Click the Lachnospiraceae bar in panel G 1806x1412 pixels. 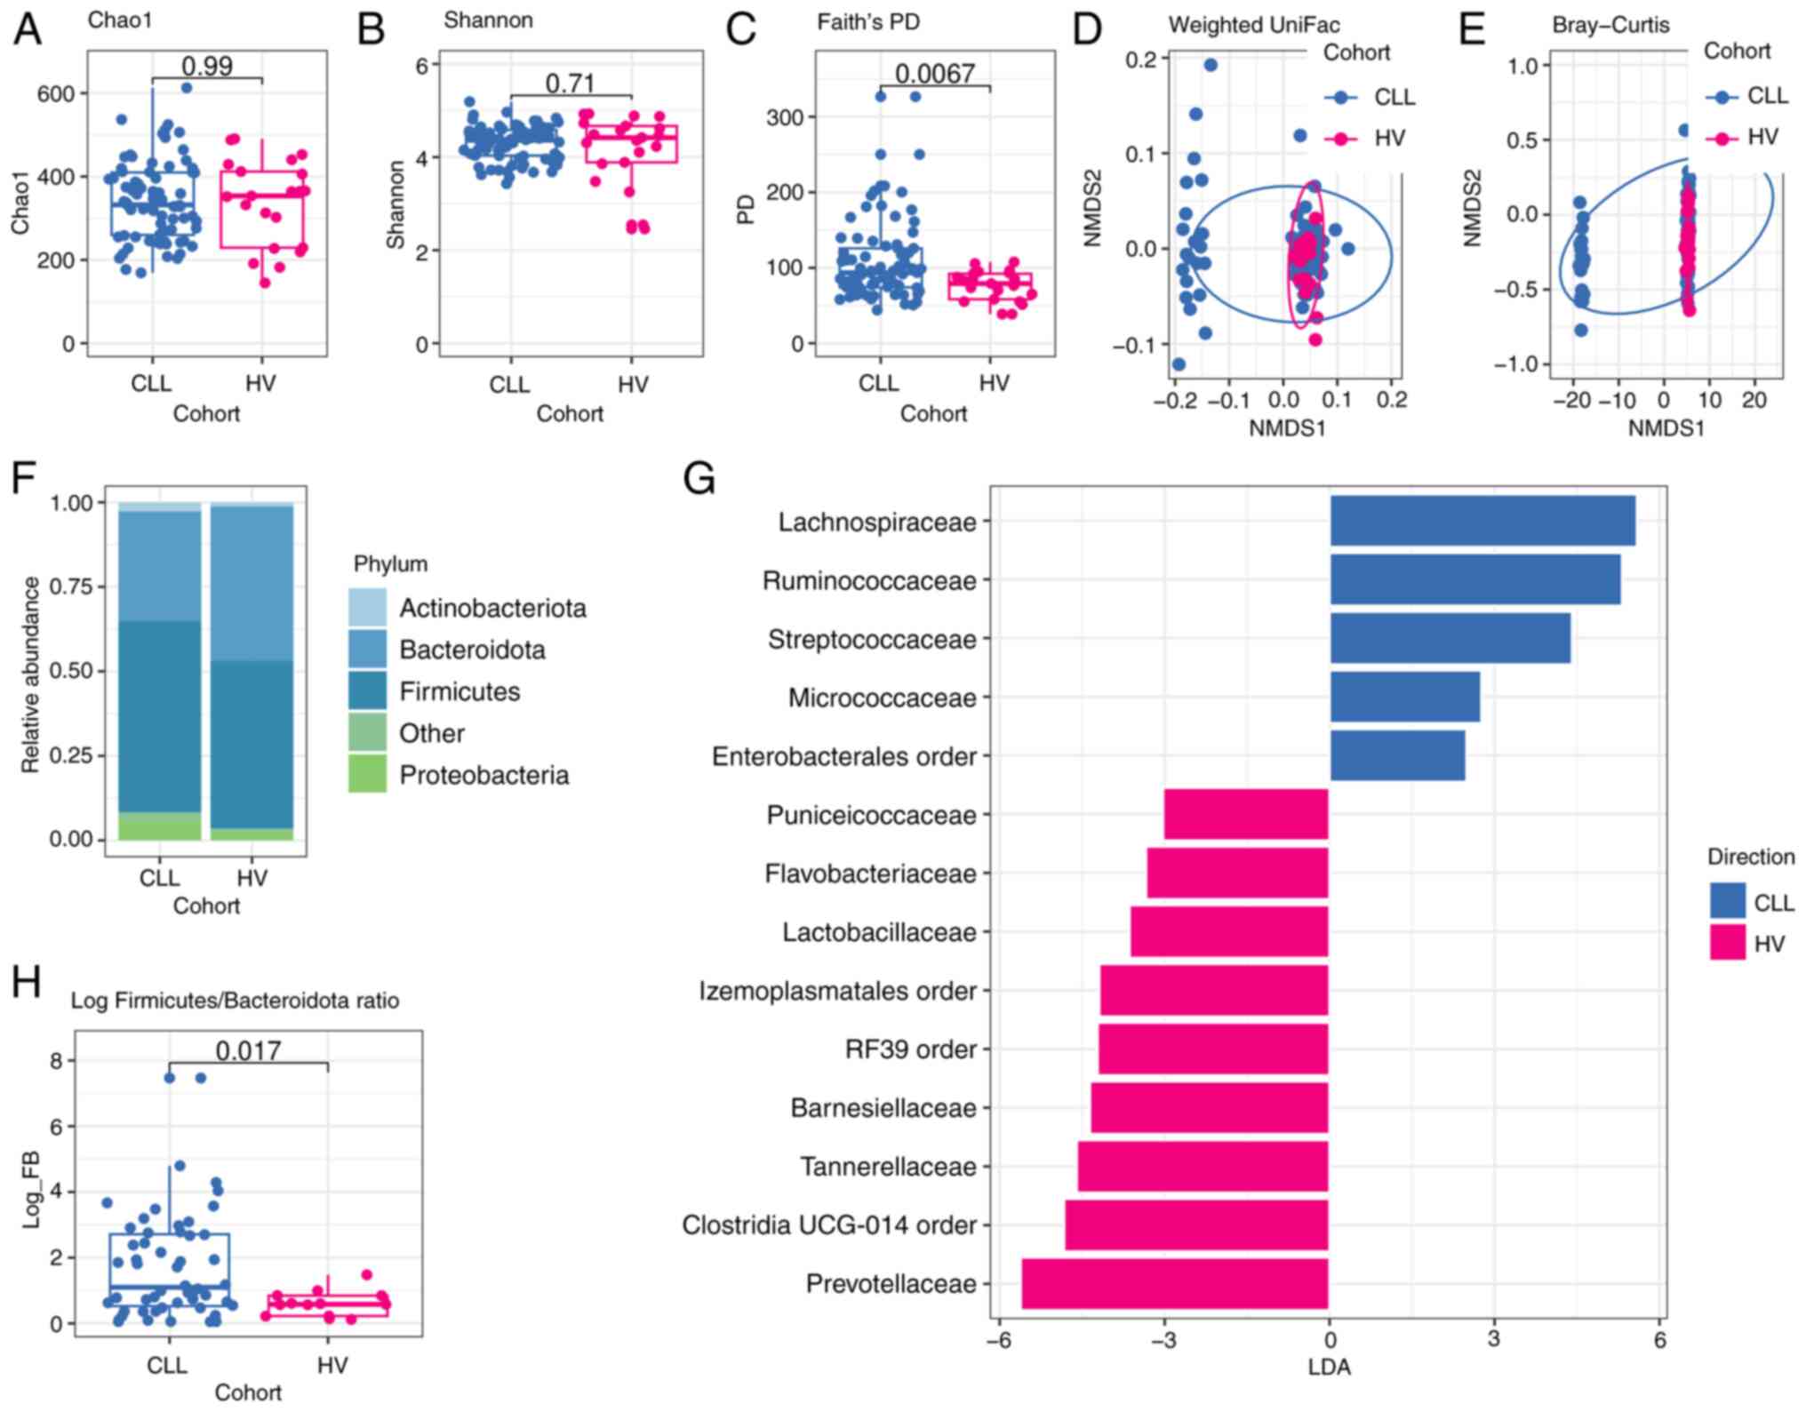click(1482, 521)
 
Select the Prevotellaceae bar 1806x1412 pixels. click(1175, 1283)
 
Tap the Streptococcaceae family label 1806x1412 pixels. click(872, 639)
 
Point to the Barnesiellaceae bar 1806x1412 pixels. click(1210, 1107)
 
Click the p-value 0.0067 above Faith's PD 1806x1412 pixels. click(934, 73)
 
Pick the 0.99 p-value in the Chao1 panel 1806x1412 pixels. click(207, 66)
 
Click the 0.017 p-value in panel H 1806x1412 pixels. click(248, 1050)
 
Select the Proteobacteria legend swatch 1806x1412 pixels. click(367, 774)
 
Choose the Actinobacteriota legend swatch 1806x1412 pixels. click(367, 607)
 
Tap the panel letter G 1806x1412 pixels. click(699, 479)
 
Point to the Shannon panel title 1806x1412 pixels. click(488, 20)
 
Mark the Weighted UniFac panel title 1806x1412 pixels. click(1253, 25)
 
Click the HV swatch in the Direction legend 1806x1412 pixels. click(1727, 943)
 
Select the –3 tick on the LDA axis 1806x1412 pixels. click(1163, 1340)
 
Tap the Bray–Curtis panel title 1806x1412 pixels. click(1610, 25)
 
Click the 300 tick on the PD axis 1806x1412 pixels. click(785, 117)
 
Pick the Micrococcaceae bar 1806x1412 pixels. click(1404, 697)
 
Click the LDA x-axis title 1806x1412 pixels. click(1329, 1367)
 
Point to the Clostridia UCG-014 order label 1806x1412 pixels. click(829, 1225)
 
